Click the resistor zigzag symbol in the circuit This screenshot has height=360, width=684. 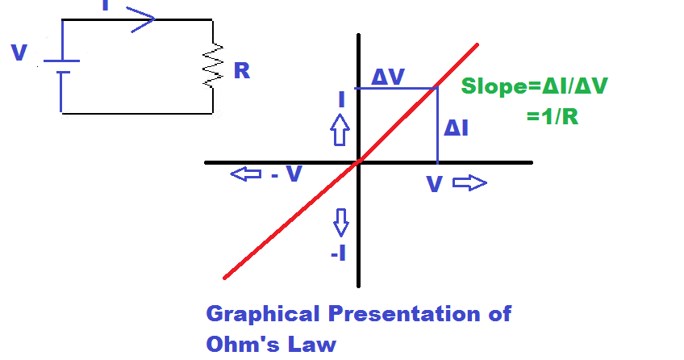coord(213,66)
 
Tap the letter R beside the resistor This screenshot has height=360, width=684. coord(241,71)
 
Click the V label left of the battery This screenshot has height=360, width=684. coord(19,54)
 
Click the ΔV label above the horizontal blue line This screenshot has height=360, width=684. coord(388,77)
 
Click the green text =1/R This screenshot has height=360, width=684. coord(553,116)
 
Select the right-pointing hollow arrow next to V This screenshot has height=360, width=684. coord(470,183)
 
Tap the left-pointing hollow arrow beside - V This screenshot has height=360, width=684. coord(245,174)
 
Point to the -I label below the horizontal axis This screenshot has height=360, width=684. coord(339,253)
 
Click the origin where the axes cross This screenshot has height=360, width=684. coord(358,162)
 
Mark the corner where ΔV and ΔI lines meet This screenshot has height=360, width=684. coord(436,87)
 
